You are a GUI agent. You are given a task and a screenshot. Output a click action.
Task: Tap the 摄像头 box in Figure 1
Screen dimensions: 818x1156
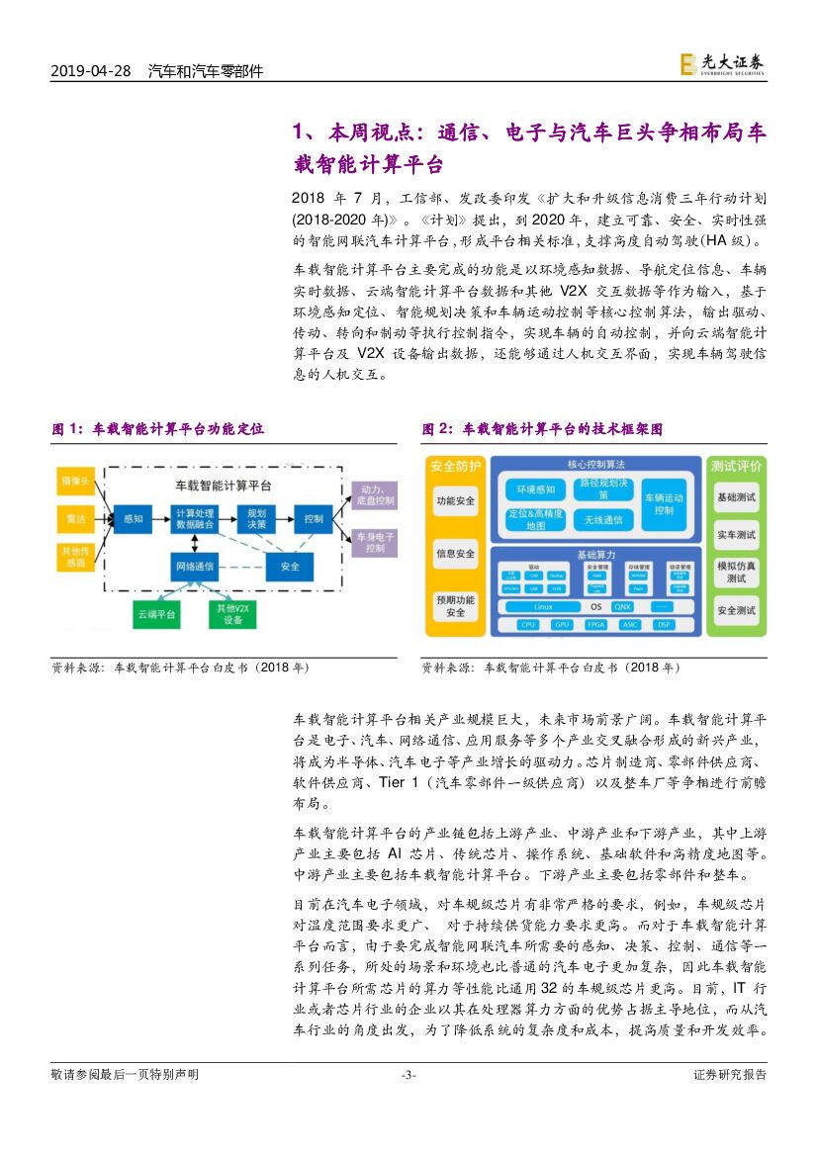[75, 482]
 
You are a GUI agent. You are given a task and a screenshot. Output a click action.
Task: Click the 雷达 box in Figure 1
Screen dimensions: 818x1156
[75, 517]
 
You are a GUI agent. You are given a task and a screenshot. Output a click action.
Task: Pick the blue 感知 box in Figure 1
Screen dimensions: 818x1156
[133, 517]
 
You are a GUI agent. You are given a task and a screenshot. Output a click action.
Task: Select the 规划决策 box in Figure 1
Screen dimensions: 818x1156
[256, 518]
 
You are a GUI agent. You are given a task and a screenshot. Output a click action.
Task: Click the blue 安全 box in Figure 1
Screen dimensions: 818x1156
[290, 567]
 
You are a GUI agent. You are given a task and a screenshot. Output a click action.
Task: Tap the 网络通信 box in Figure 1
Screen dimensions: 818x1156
[194, 567]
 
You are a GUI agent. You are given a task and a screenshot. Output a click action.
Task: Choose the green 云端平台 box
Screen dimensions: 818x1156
[156, 614]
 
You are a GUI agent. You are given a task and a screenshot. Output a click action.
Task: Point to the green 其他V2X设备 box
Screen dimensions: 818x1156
[232, 614]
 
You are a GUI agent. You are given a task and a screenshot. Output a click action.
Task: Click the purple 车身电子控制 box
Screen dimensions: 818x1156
[375, 542]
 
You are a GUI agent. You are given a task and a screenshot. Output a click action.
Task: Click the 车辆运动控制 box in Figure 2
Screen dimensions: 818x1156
[664, 503]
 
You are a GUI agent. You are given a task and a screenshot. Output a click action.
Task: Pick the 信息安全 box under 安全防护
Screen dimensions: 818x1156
[455, 554]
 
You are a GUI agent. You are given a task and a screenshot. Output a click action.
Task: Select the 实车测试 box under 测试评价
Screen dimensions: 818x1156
[736, 535]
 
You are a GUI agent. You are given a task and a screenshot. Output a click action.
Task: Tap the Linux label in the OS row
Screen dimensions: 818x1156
[543, 606]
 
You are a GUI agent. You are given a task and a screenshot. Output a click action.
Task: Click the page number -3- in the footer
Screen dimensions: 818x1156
[409, 1075]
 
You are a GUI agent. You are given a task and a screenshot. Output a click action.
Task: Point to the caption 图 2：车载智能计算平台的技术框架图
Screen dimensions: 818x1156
[543, 429]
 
